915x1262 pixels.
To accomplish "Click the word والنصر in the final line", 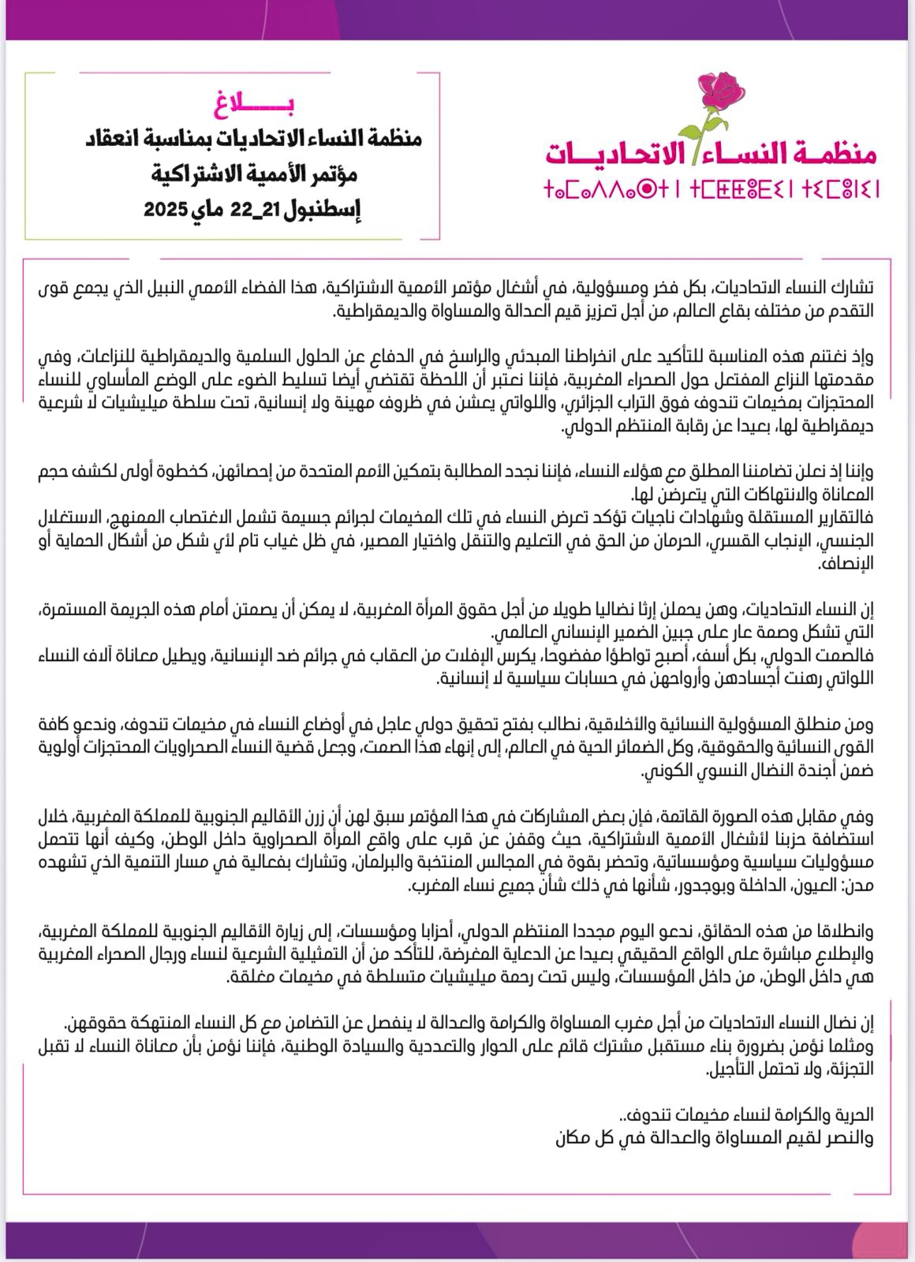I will tap(848, 1138).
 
